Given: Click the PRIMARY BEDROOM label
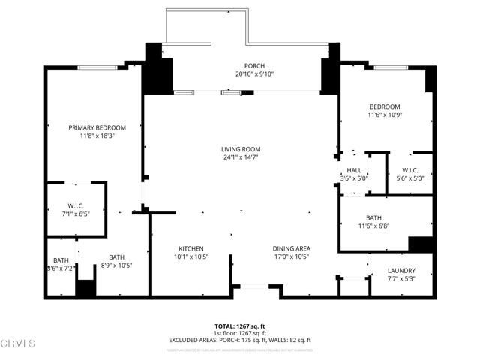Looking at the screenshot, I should (x=97, y=127).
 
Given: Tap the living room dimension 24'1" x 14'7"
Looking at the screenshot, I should (x=240, y=157).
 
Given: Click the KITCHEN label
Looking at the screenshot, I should (x=191, y=248).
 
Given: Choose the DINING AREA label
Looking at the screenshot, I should (x=292, y=248).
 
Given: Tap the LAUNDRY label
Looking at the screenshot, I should (x=401, y=271).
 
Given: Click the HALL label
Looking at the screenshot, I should (x=354, y=170).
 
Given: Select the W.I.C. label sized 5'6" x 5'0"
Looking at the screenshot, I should (x=409, y=170).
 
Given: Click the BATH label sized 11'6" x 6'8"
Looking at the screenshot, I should (x=373, y=217).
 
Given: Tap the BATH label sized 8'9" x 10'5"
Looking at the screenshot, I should (x=116, y=257).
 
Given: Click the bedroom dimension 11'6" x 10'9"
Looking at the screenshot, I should (x=384, y=115).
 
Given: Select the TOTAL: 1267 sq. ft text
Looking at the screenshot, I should (x=240, y=326).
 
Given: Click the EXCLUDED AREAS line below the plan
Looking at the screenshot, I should (x=240, y=340).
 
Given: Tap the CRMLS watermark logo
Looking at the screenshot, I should (x=18, y=343).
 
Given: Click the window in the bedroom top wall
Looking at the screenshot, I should (x=391, y=68).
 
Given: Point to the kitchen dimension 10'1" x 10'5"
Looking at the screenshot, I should (x=191, y=256).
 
